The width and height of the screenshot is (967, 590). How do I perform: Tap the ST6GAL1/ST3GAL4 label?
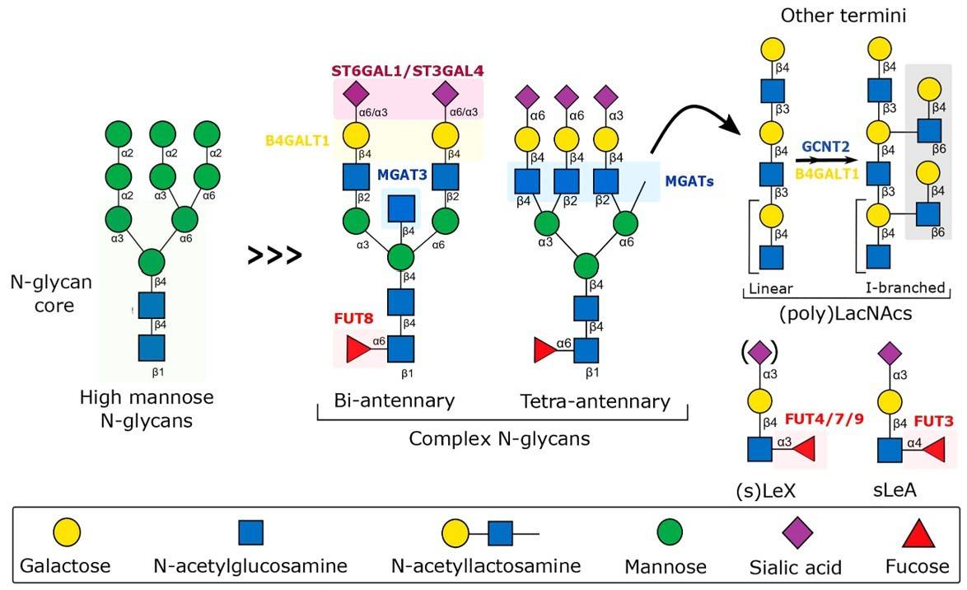point(408,69)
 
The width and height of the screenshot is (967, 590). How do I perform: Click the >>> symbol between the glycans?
point(275,255)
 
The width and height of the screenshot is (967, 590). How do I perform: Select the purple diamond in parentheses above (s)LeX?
point(759,354)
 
